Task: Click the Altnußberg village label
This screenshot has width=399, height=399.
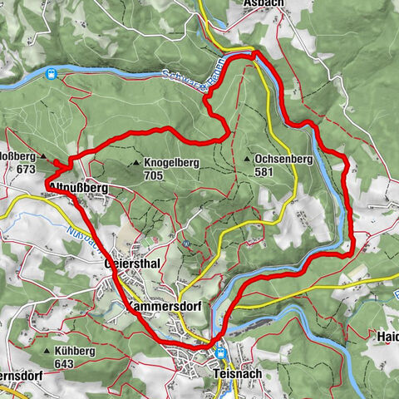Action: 79,188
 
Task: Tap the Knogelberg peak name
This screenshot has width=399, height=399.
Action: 170,163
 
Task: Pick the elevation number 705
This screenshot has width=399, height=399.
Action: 153,175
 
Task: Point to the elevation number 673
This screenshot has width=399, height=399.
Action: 25,168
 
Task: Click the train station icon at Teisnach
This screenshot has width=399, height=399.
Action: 221,352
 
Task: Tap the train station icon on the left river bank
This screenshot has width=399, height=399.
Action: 52,74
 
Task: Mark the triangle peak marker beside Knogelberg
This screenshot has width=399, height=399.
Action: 135,164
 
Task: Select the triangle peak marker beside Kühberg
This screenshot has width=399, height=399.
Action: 47,351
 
